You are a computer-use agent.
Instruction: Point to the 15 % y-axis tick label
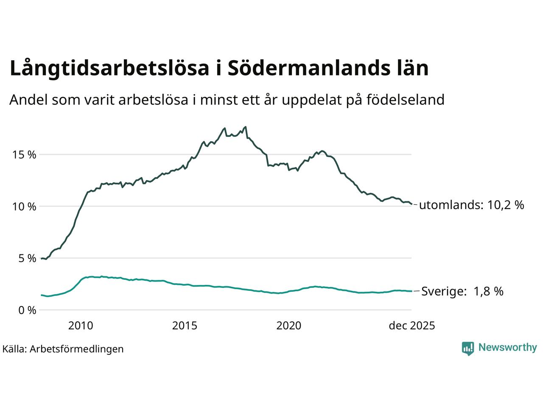(24, 155)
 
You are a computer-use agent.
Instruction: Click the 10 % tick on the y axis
(24, 206)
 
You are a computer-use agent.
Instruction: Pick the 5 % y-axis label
(27, 258)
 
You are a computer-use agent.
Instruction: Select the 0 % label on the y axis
(27, 310)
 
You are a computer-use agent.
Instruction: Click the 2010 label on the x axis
(81, 326)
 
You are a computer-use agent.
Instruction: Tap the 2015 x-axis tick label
(185, 326)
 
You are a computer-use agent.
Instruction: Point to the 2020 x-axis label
(288, 326)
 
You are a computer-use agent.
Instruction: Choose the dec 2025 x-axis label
(412, 326)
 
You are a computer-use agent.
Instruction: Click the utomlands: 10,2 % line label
(471, 205)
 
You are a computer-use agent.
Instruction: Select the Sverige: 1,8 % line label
(462, 291)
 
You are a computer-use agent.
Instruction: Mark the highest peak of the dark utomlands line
(246, 127)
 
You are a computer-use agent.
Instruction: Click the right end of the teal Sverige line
(411, 291)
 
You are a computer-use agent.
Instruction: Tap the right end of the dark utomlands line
(411, 204)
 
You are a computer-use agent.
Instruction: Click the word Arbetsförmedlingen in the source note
(77, 349)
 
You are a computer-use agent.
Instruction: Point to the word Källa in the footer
(14, 349)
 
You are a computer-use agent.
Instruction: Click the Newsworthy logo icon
(467, 348)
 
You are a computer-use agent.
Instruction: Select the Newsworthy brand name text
(507, 348)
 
